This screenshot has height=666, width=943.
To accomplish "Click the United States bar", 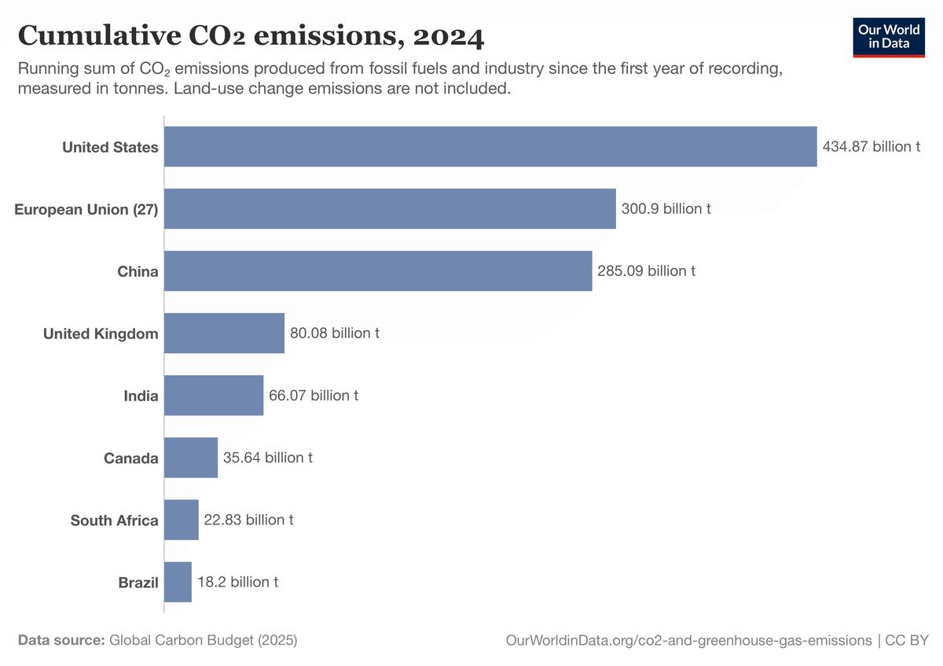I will coord(490,146).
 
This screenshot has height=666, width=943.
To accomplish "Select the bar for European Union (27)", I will coord(390,208).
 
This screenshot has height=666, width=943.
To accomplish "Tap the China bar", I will coord(378,270).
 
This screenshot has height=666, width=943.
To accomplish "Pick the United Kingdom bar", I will coord(224,333).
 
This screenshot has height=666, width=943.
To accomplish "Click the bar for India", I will coord(214,395).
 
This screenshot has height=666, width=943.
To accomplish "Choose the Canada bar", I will coord(191,458).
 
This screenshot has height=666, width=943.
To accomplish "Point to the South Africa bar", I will coord(182,520).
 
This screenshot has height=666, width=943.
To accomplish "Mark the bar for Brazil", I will coord(178,582).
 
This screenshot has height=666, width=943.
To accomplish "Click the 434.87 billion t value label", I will coord(871,146).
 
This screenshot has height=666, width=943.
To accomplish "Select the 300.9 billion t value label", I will coord(666,208).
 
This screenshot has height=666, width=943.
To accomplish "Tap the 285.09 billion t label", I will coord(646,270).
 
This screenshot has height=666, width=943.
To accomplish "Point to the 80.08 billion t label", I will coord(335,333).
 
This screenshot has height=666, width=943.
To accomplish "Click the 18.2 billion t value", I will coord(237,582).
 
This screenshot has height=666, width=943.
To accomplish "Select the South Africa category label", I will coord(114,520).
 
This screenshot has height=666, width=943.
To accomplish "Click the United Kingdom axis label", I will coord(101,333).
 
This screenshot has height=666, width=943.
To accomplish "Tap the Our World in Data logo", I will coord(889,36).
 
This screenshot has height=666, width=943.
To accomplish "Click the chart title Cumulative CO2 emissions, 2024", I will coord(251,35).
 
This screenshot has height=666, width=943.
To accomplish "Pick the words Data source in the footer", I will coord(61,640).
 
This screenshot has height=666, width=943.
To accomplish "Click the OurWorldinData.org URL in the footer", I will coord(688,640).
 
